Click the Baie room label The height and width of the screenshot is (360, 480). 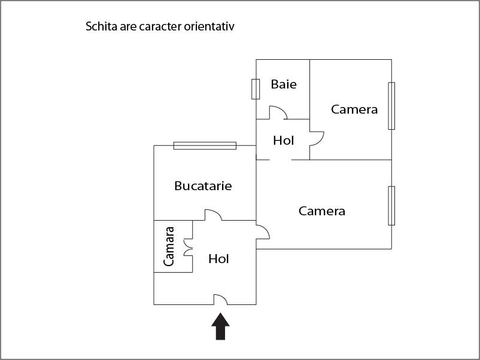(284, 84)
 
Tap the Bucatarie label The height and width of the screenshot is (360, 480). (203, 186)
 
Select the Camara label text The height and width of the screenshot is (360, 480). (169, 246)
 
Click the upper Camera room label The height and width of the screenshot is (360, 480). (354, 109)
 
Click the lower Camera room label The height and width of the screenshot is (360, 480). (322, 211)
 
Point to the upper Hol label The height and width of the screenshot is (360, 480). (284, 141)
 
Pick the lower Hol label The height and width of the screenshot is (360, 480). (219, 260)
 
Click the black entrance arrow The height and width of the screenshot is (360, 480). (220, 327)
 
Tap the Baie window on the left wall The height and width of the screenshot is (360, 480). (256, 89)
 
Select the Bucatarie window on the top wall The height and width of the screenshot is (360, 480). (205, 145)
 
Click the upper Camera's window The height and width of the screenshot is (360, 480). (391, 105)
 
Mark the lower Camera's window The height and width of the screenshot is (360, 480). (391, 206)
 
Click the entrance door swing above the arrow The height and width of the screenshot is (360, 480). (220, 299)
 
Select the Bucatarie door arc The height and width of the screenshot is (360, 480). (214, 215)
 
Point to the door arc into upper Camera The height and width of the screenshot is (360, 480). (317, 139)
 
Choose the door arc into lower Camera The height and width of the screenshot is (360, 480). (262, 232)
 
